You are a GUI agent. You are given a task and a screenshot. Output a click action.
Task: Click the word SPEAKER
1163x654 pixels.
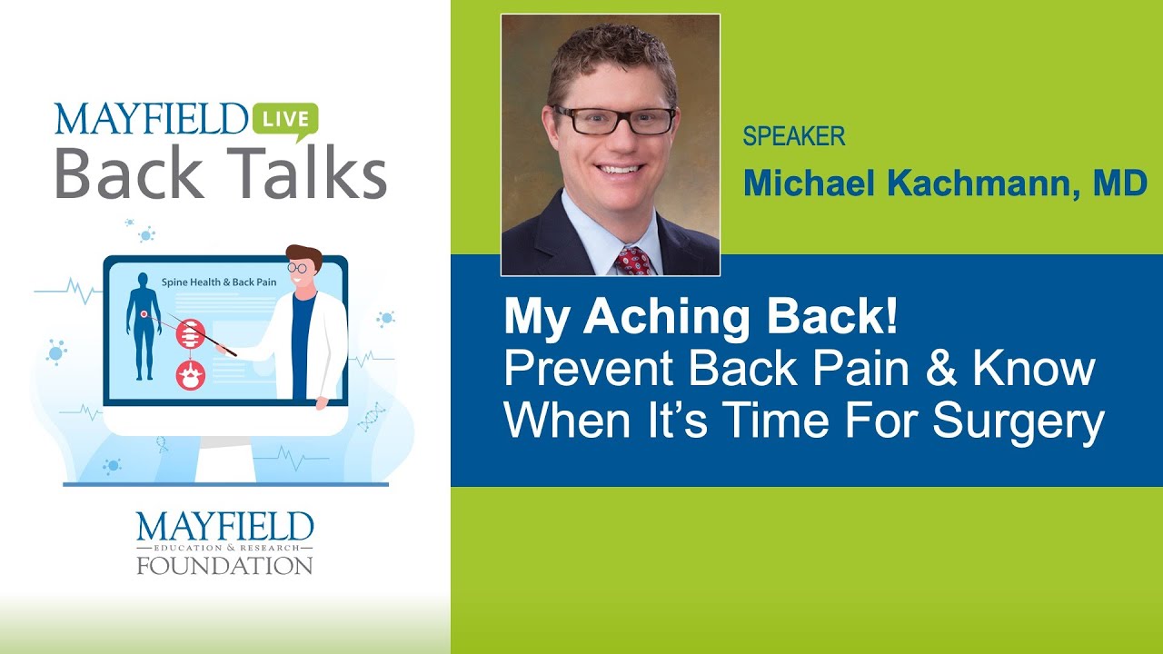(x=793, y=137)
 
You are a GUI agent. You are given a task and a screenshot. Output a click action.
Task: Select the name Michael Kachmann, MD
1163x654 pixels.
(x=945, y=183)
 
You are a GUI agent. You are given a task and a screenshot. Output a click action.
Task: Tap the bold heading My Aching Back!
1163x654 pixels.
(x=701, y=317)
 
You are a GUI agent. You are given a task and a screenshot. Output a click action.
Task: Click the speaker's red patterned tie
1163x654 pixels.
(x=633, y=261)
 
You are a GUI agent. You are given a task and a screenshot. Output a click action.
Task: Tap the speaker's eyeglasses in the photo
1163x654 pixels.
(x=614, y=119)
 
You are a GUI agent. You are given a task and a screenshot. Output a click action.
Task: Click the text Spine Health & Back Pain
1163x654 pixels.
(x=218, y=282)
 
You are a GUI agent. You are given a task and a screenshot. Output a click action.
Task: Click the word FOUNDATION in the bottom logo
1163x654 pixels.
(x=224, y=565)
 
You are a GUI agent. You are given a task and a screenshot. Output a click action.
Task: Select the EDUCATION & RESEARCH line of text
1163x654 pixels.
(x=224, y=549)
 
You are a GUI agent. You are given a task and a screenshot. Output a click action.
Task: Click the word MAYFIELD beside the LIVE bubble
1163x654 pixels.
(x=151, y=120)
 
